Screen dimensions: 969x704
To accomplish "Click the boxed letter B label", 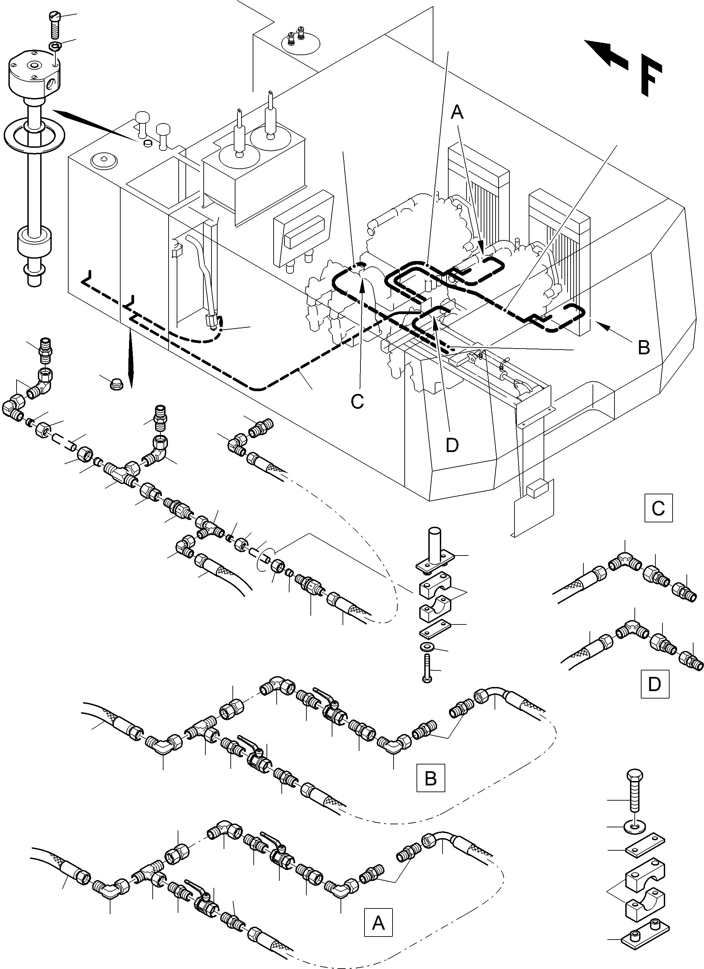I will (431, 778).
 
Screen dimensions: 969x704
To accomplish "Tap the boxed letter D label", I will (654, 684).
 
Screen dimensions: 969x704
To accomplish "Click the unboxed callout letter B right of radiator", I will (644, 347).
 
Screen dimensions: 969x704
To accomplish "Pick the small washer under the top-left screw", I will (55, 46).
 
